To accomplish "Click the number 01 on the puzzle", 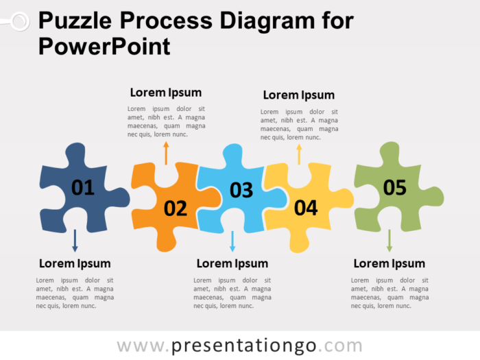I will (82, 187).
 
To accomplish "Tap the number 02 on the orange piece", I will (176, 208).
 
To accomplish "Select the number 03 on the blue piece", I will (241, 190).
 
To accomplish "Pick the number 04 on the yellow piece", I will (306, 208).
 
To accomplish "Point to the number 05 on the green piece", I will (395, 187).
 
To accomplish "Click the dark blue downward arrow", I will (75, 240).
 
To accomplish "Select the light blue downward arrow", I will (232, 241).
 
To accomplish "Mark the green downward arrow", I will (389, 240).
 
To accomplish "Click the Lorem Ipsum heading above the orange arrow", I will (166, 93).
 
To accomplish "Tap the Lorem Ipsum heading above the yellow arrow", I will (299, 95).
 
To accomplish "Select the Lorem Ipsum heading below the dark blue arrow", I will (75, 263).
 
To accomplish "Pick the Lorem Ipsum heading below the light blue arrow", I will (232, 263).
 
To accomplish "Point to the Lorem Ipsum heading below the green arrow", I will (389, 263).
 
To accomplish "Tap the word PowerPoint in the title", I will (105, 47).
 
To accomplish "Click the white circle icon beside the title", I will (19, 22).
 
